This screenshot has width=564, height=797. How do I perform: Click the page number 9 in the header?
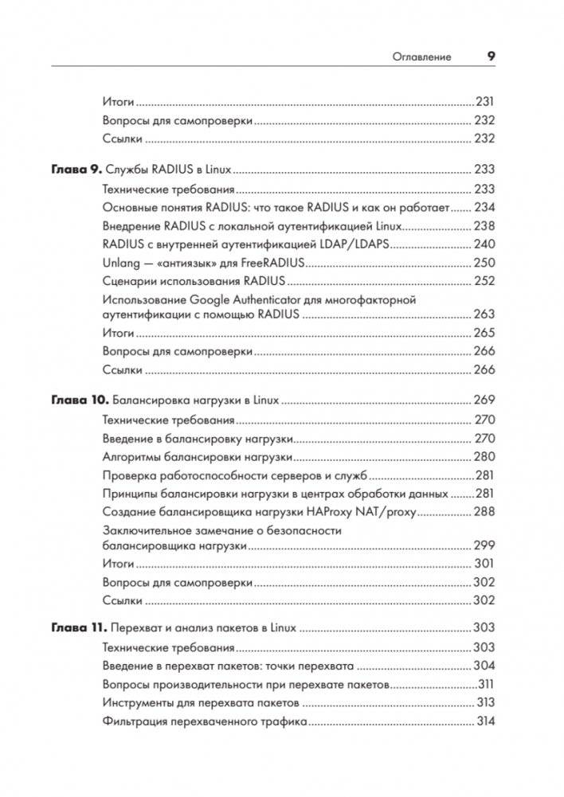pos(491,57)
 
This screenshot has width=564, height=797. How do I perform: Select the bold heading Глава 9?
pos(76,170)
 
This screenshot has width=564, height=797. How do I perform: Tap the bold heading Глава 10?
pos(79,400)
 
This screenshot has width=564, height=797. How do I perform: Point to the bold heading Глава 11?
pos(78,628)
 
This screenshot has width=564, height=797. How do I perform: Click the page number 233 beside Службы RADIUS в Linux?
pos(484,170)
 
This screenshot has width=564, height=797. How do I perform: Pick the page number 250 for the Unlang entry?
pos(484,263)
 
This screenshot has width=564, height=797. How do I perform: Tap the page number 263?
pos(484,315)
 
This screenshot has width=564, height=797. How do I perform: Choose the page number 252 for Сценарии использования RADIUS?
pos(484,281)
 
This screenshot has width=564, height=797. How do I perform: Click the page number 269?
pos(484,400)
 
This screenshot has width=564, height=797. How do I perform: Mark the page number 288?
pos(484,512)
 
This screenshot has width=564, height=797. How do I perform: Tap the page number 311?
pos(486,685)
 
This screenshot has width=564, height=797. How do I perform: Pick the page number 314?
pos(485,722)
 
